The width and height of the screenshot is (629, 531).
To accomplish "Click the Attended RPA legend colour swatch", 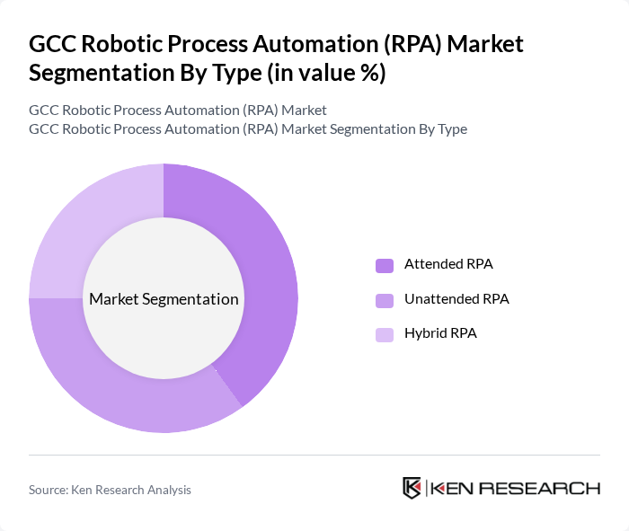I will point(385,265).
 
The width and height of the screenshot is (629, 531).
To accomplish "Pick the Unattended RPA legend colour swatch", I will point(385,299).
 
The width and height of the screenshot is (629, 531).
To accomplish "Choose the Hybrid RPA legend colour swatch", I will point(385,334).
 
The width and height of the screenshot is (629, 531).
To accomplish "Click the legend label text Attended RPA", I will point(448,264).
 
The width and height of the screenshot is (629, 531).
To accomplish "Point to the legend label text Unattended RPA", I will point(456,298).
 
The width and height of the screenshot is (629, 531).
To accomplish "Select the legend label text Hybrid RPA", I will point(440,333).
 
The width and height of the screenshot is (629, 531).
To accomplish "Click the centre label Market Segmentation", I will point(164,299).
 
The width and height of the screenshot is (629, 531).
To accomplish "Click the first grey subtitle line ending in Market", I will point(178,111).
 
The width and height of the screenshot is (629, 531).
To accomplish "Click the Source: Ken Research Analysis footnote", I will point(110,490).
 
